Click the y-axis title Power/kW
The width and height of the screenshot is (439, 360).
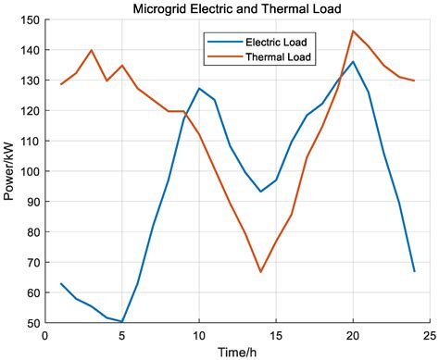(x=10, y=172)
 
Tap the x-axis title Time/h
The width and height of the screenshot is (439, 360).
(x=236, y=352)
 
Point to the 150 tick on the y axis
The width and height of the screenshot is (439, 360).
(x=29, y=20)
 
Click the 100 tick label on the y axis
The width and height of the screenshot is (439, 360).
(x=29, y=172)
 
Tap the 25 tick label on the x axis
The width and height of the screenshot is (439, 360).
(x=429, y=335)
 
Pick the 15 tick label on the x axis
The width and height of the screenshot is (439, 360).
(x=275, y=335)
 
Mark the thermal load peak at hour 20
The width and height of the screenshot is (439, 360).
(x=352, y=31)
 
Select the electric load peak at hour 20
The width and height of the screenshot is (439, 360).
(x=352, y=62)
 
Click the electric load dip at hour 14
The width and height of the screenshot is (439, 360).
(x=260, y=192)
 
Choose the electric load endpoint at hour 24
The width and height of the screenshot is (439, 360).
(x=414, y=271)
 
